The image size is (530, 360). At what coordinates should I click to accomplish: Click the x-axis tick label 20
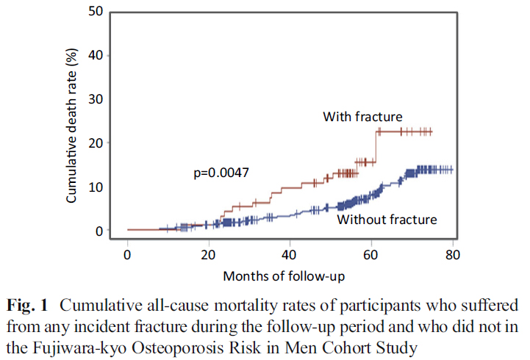pyautogui.click(x=209, y=254)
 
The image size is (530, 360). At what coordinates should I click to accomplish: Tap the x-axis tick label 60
pyautogui.click(x=371, y=254)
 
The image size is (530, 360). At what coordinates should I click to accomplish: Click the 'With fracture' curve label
pyautogui.click(x=362, y=117)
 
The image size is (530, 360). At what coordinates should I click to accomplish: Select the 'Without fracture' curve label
pyautogui.click(x=387, y=219)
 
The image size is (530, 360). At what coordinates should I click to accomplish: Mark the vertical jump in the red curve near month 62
pyautogui.click(x=376, y=147)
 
